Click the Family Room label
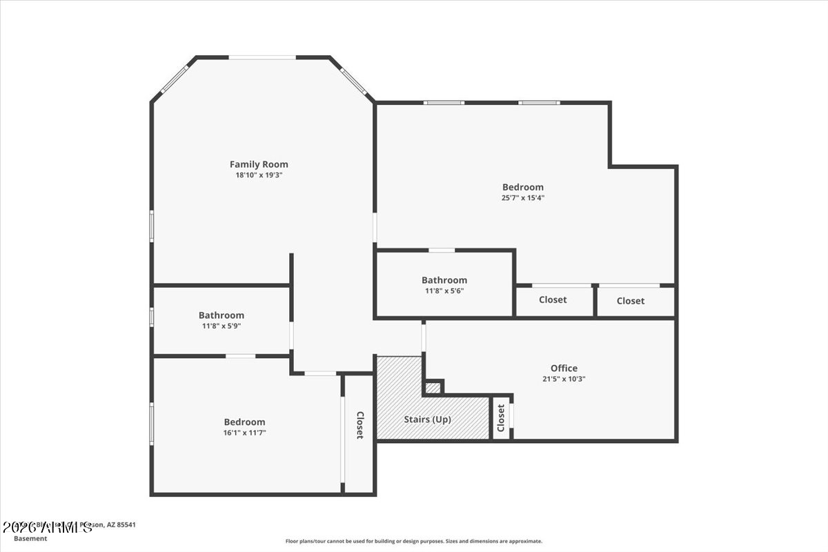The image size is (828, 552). [259, 164]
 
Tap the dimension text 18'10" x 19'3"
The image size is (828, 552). [259, 175]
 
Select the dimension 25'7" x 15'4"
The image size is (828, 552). [522, 198]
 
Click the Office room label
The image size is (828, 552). [564, 368]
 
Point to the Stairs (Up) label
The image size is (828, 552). [428, 419]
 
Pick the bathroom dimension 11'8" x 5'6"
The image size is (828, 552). [444, 291]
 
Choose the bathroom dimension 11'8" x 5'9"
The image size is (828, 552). [221, 326]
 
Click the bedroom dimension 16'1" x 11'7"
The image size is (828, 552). [244, 433]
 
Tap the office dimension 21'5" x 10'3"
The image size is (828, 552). [564, 379]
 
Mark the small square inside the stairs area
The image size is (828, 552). [433, 388]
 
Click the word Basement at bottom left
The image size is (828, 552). [31, 538]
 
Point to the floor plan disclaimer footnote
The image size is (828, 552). [414, 542]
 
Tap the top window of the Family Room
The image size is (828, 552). [262, 57]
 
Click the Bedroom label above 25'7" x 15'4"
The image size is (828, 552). [522, 187]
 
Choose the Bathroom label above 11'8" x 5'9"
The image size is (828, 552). [221, 315]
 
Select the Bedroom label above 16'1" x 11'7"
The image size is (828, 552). [244, 422]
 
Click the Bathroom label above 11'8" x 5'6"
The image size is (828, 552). [444, 280]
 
